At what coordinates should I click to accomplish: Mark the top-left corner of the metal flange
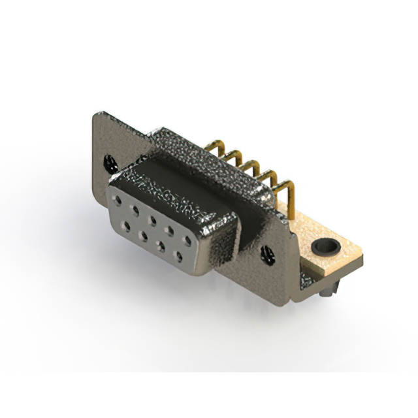95,114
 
